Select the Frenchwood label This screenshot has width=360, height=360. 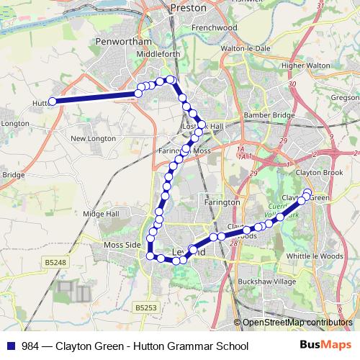point(215,27)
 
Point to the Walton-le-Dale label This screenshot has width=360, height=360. point(250,48)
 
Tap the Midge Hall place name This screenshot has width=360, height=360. point(101,214)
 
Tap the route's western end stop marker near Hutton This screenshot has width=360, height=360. point(53,102)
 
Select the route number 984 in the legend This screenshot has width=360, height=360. point(30,346)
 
